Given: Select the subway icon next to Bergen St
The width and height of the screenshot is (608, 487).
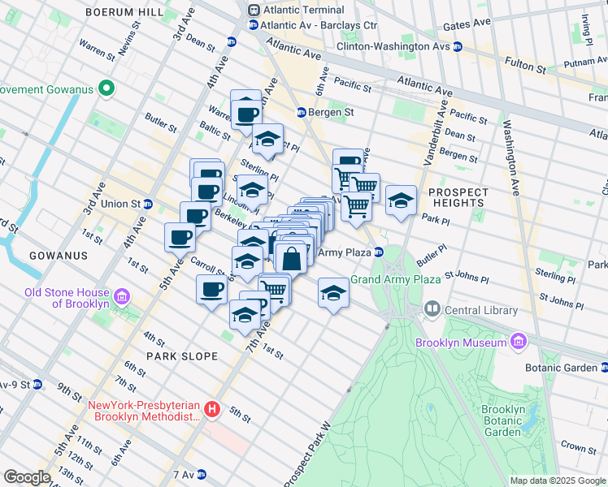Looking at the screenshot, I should point(300,112).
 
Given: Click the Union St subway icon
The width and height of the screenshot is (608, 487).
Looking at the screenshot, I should point(148,204).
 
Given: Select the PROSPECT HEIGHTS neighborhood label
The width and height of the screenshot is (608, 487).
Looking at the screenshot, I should point(458,199).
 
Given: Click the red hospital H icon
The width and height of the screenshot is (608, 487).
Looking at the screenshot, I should point(212,410).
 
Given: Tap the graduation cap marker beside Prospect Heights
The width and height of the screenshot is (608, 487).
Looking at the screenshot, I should point(401,200).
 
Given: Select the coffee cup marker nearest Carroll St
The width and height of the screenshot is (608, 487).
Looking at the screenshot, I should point(212,290).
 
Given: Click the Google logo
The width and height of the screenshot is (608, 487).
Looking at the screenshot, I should point(28,477).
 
